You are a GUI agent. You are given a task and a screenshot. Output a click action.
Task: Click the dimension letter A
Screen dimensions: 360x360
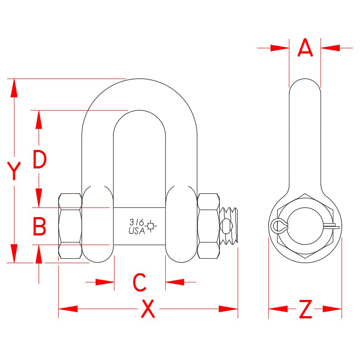pos(305,48)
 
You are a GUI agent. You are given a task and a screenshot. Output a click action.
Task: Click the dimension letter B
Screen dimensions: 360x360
pos(39,227)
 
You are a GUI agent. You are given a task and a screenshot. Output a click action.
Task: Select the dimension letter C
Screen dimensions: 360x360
pos(139,283)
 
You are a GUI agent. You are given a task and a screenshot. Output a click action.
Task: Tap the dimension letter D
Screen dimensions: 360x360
pos(39,160)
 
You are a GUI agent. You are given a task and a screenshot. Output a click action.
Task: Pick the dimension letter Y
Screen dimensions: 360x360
pos(14,171)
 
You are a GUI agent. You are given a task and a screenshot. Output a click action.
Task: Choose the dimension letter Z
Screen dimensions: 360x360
pos(305,310)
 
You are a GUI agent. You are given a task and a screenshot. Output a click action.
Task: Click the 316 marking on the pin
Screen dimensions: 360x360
pos(136,222)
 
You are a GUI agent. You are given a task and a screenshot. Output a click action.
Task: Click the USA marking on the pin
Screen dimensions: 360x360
pos(136,231)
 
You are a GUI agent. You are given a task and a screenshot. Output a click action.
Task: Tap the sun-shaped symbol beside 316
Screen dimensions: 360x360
pos(151,226)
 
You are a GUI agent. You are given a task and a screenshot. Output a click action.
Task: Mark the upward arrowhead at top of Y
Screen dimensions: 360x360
pos(14,87)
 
